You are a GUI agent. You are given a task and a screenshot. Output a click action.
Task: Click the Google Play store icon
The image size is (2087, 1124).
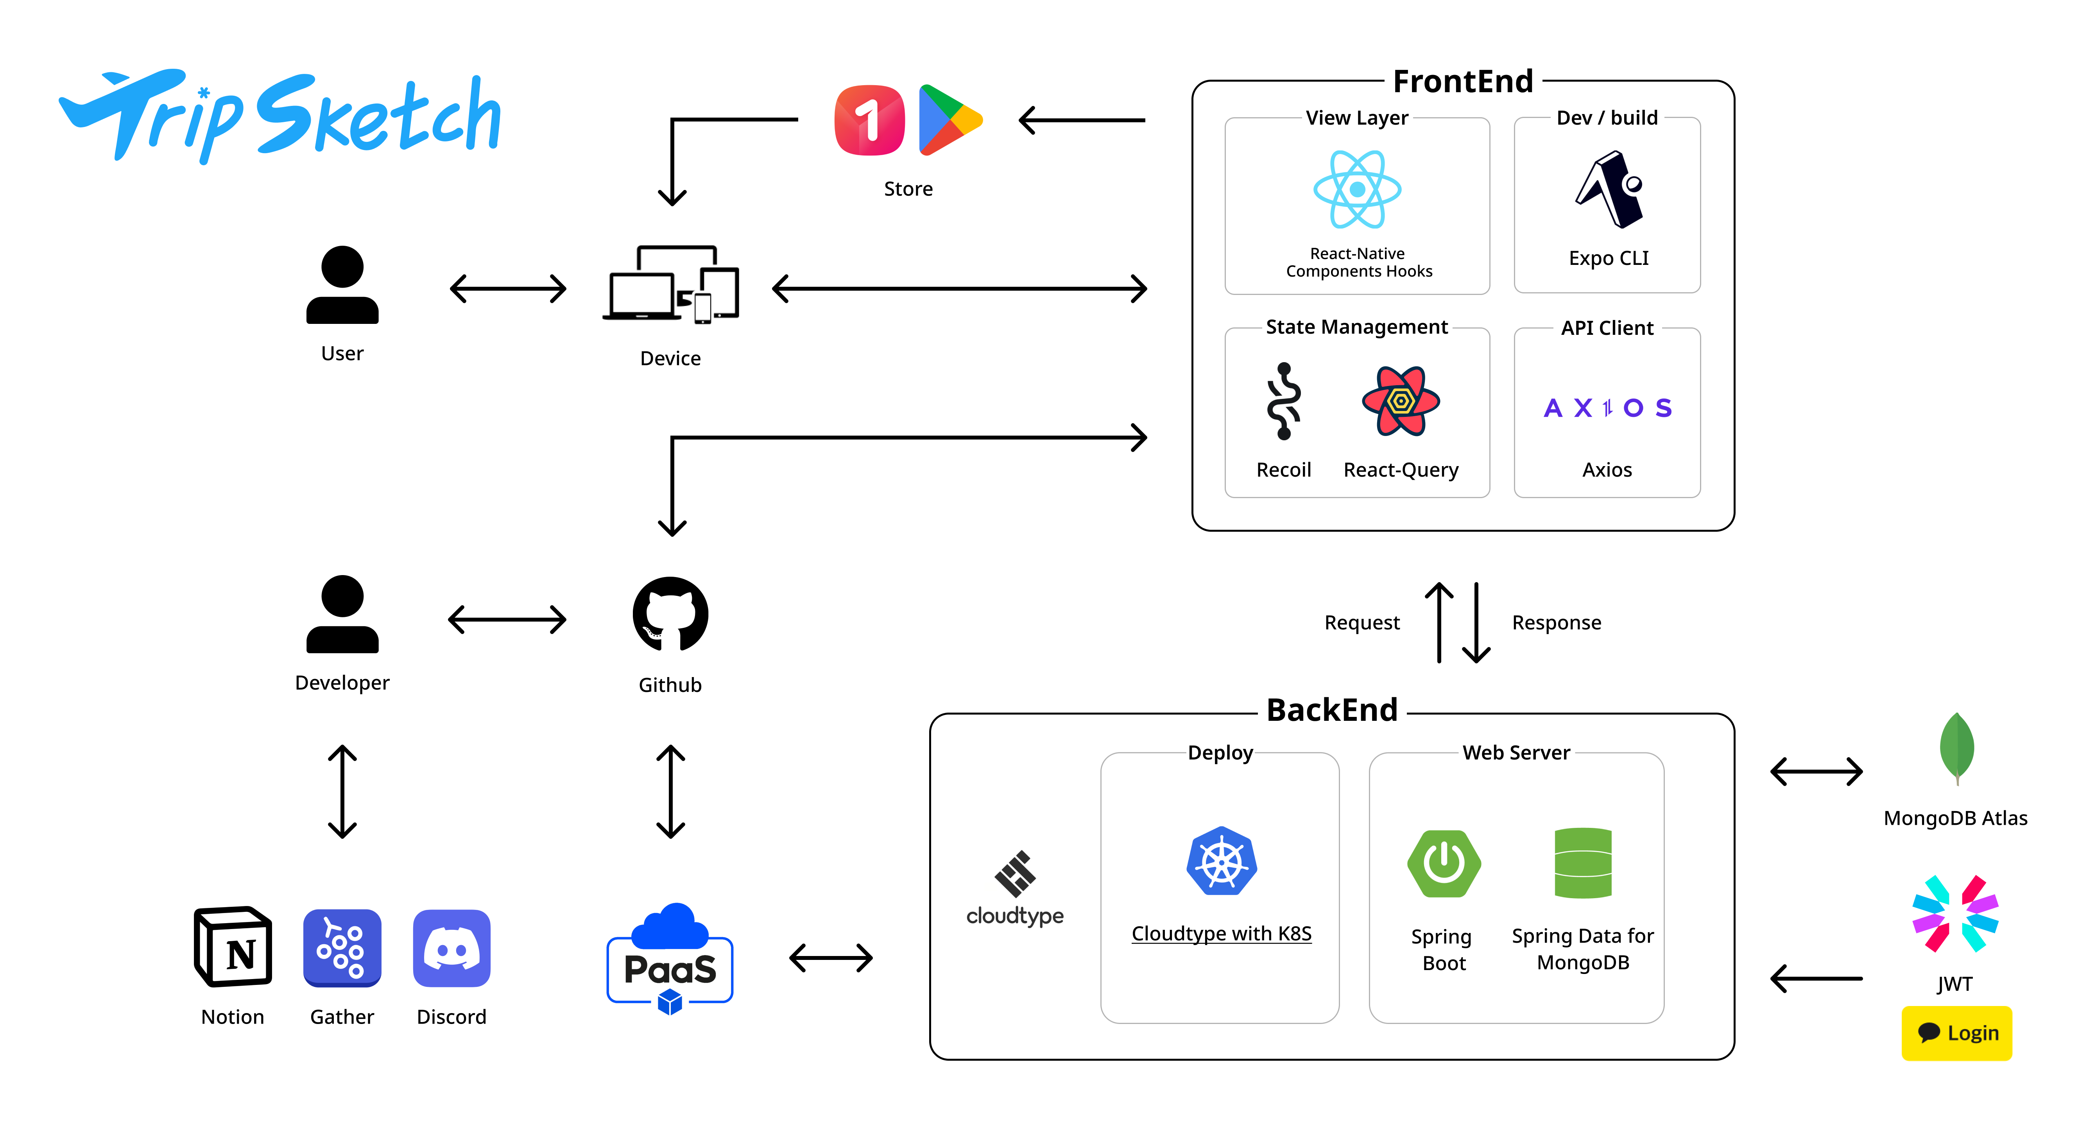click(x=948, y=120)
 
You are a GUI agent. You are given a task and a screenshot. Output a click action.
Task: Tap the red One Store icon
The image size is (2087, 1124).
click(x=869, y=120)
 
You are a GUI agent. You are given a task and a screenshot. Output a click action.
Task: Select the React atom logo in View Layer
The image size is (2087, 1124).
click(x=1357, y=189)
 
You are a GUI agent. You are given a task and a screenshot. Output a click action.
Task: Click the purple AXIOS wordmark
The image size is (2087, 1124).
click(x=1607, y=407)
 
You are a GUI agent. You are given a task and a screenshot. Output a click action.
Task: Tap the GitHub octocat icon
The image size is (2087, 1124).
click(x=670, y=614)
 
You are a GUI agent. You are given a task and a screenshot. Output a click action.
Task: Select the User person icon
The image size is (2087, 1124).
click(x=342, y=285)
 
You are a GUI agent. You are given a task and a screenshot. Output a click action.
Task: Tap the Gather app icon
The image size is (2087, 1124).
click(x=342, y=947)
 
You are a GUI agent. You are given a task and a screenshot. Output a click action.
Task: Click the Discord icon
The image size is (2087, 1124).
click(x=451, y=947)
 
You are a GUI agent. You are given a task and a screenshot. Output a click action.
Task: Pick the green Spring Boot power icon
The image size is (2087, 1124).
click(x=1444, y=863)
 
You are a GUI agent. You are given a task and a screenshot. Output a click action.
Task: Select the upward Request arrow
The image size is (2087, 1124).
click(x=1439, y=622)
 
